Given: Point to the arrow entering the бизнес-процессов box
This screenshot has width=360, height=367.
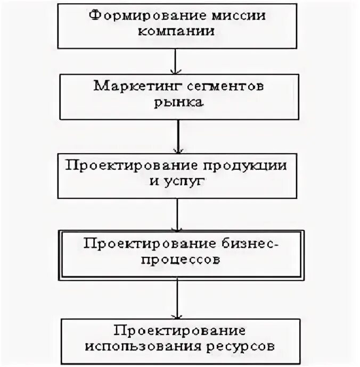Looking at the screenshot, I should pos(177,215).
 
